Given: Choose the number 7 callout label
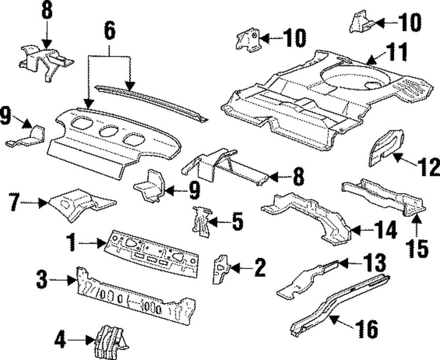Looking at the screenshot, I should (15, 203).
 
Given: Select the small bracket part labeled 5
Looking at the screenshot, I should (202, 220).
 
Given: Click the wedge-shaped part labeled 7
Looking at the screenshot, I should (79, 202).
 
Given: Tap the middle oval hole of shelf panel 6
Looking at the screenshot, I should (108, 131).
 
